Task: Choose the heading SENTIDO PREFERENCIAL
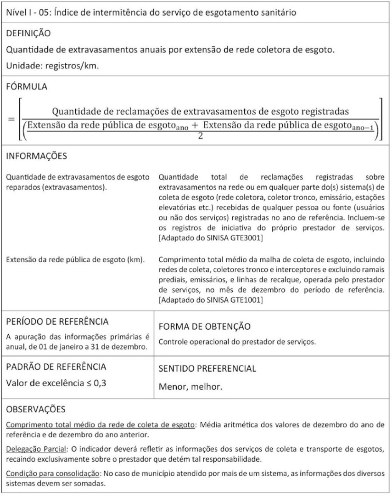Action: click(207, 369)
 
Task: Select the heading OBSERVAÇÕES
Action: click(35, 409)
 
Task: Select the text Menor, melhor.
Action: click(190, 387)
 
